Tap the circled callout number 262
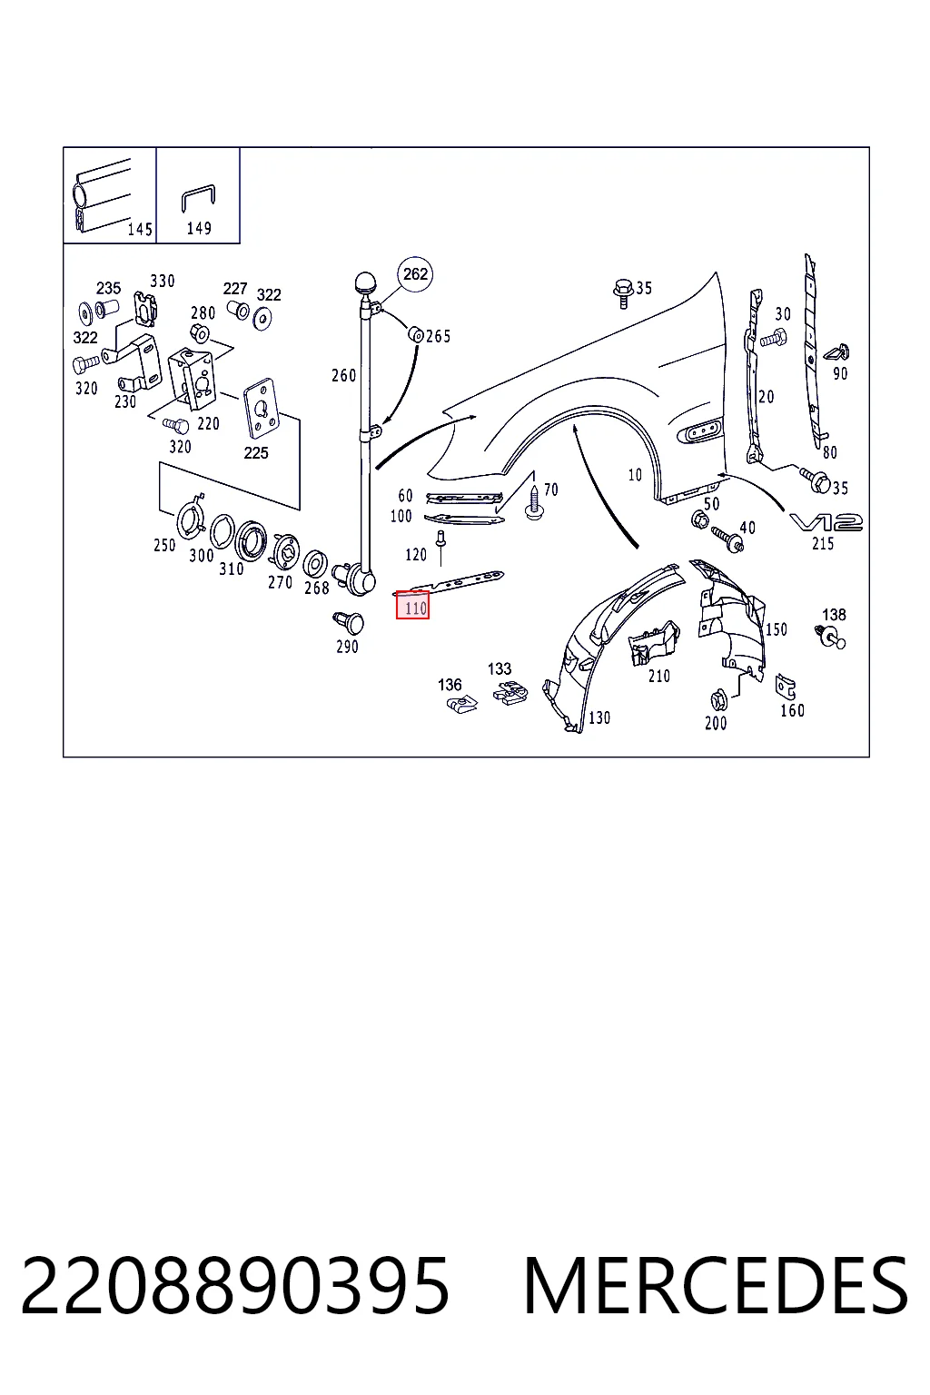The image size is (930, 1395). point(415,274)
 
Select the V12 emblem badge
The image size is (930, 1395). point(826,522)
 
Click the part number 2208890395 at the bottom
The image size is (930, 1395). point(235,1286)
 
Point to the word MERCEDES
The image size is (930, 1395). point(716,1286)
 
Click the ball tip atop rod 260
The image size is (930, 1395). point(366,282)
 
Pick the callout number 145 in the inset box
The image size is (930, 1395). point(140,229)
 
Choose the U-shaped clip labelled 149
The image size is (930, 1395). point(199,198)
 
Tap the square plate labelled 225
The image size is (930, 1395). point(261,409)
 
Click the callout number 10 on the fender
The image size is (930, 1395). point(635,475)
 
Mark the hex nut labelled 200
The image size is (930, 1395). point(718,700)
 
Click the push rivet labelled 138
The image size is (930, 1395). point(831,637)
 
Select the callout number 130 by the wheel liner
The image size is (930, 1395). point(599,718)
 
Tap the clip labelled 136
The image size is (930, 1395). point(462,704)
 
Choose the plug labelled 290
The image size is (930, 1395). point(349,623)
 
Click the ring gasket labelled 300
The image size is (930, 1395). point(222,532)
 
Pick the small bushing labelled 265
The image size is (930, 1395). point(415,334)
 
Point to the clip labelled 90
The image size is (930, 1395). point(837,353)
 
